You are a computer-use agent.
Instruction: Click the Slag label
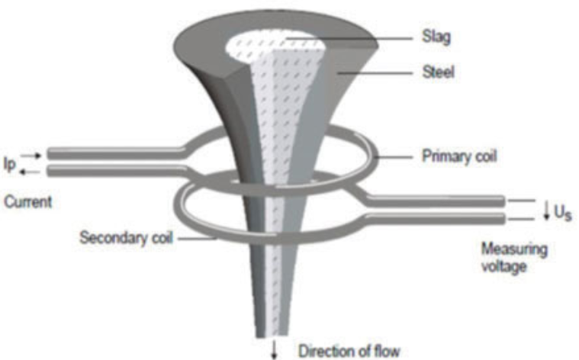coord(436,37)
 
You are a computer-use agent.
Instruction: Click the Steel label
coord(438,72)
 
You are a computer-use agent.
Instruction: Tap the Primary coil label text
coord(459,156)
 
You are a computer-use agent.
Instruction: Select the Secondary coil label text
coord(126,237)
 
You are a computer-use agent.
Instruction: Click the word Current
coord(27,202)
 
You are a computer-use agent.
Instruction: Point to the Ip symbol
coord(10,163)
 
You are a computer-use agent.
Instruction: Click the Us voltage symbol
coord(563,213)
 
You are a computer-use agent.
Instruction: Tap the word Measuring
coord(514,249)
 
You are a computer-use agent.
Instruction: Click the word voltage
coord(503,266)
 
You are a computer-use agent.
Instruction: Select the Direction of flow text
coord(349,351)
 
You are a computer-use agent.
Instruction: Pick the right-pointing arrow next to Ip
coord(31,156)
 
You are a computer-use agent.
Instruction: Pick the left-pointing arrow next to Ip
coord(30,172)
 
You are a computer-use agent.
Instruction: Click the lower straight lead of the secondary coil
coord(436,219)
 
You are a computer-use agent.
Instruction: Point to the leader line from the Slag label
coord(349,38)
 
